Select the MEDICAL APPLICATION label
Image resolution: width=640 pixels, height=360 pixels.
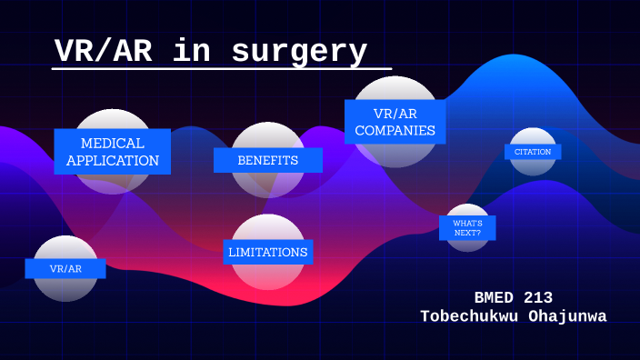pos(113,152)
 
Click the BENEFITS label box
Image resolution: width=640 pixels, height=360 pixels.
pos(268,160)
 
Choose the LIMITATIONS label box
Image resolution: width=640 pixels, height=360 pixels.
pos(268,252)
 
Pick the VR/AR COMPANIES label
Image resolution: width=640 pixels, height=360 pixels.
pos(395,122)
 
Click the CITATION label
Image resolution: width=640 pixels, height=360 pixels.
pos(533,152)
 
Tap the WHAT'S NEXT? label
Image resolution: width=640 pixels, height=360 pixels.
pos(467,227)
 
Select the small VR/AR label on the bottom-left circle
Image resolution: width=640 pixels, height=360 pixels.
pos(65,269)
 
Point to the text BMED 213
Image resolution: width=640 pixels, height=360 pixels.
pos(513,297)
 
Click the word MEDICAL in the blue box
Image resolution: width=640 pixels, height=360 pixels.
pos(113,144)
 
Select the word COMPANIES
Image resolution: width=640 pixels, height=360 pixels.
pos(395,131)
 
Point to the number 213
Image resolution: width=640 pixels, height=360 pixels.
pos(535,297)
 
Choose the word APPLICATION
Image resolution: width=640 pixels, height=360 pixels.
pos(113,161)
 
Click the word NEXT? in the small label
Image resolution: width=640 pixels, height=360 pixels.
pos(467,233)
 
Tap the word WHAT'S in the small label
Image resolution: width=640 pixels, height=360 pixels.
pos(467,223)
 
